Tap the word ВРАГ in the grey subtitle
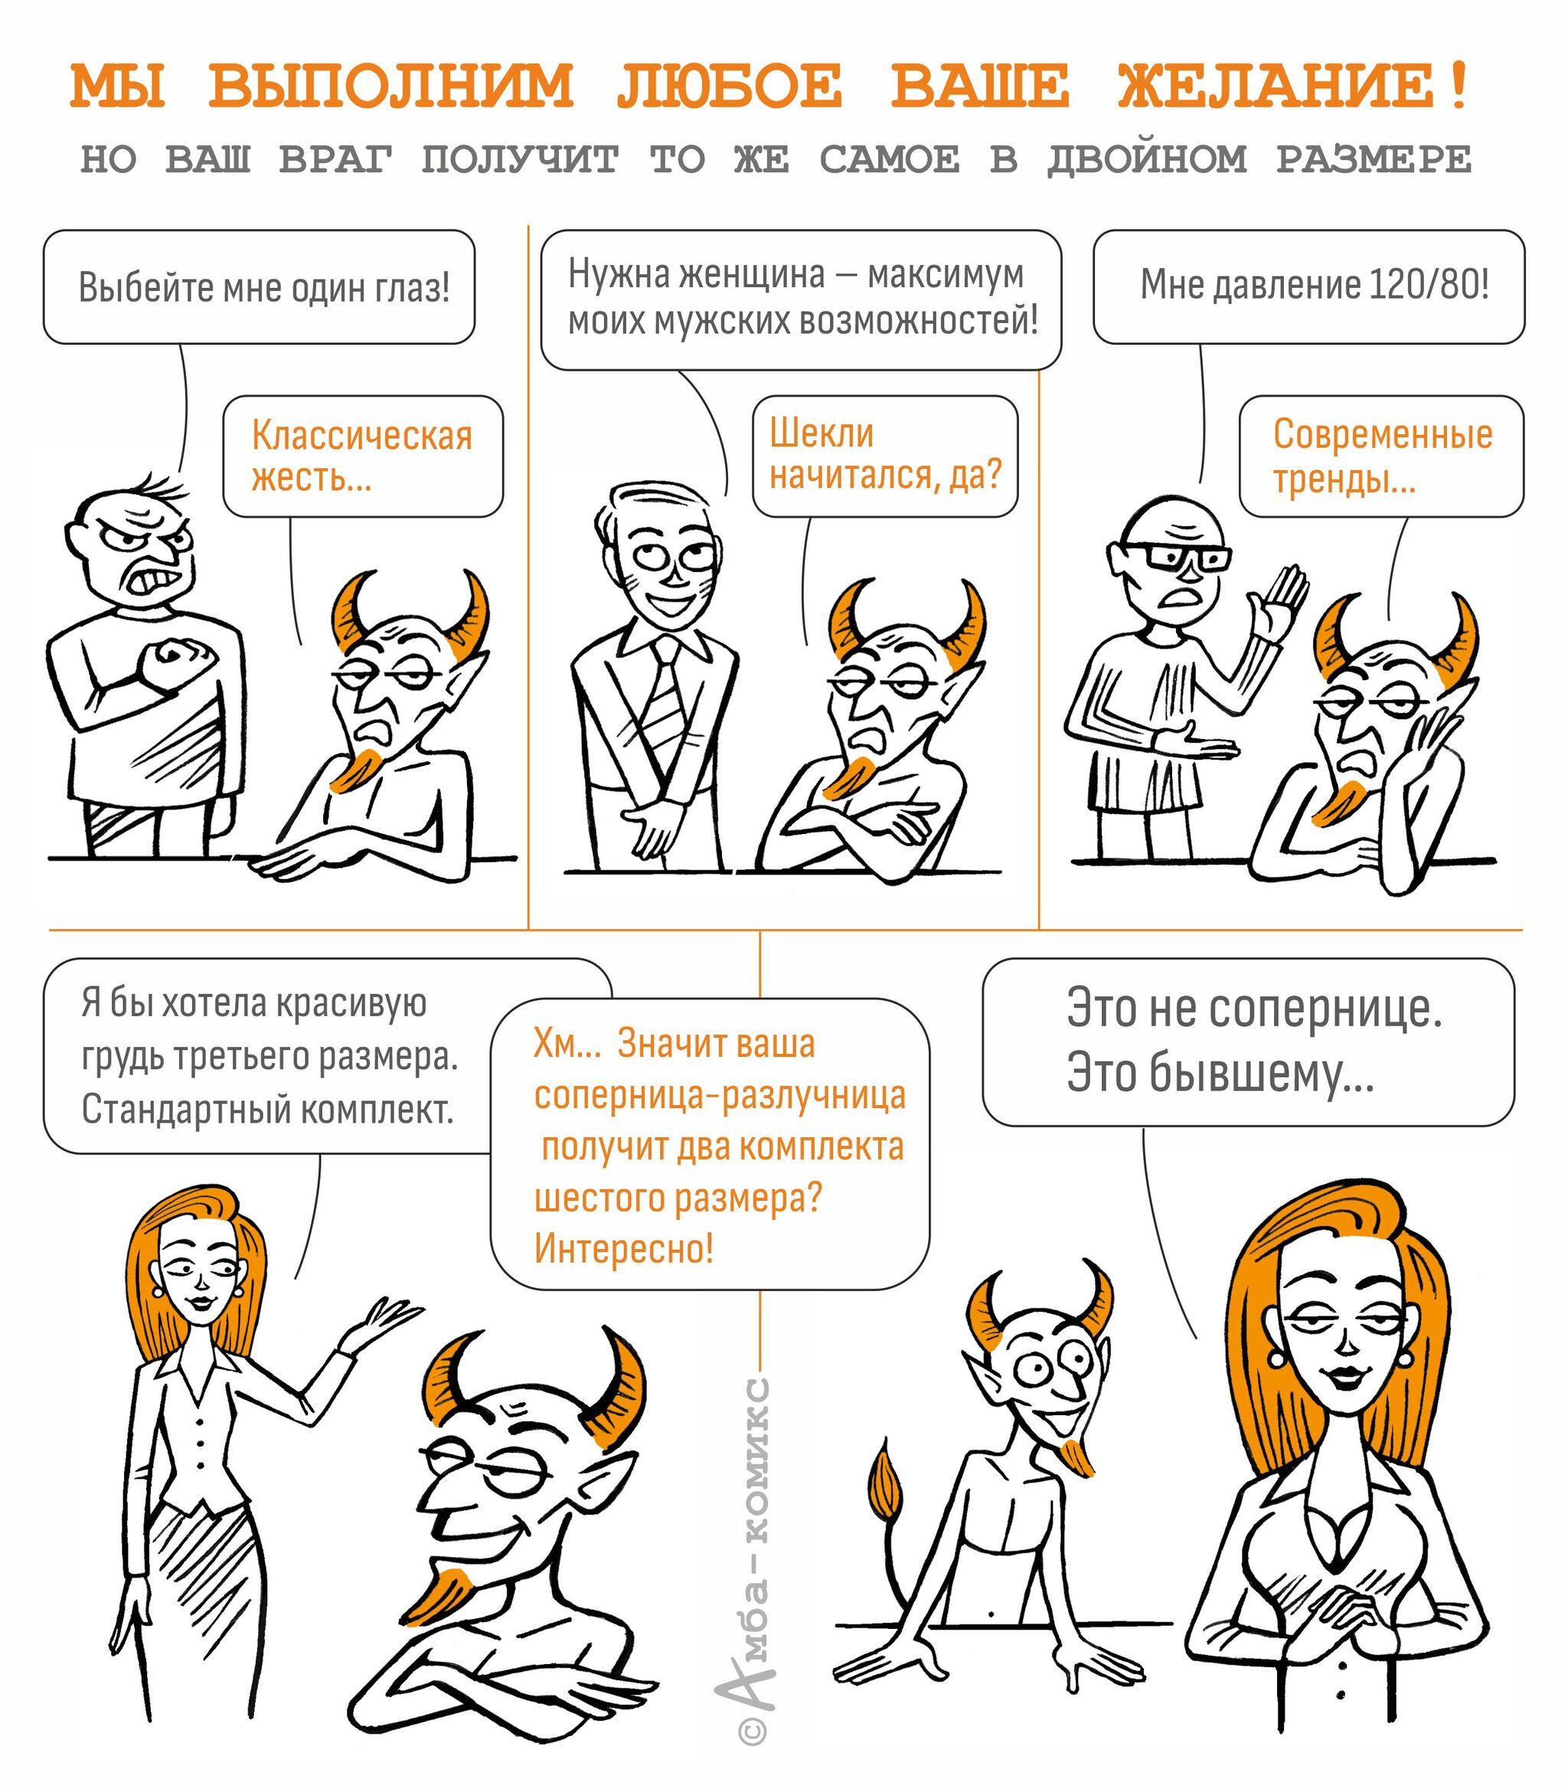[336, 159]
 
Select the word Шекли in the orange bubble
[822, 433]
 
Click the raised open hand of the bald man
[1279, 607]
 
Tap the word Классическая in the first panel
[362, 435]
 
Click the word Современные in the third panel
[1383, 434]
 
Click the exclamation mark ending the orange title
[1457, 87]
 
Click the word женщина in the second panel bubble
[753, 275]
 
